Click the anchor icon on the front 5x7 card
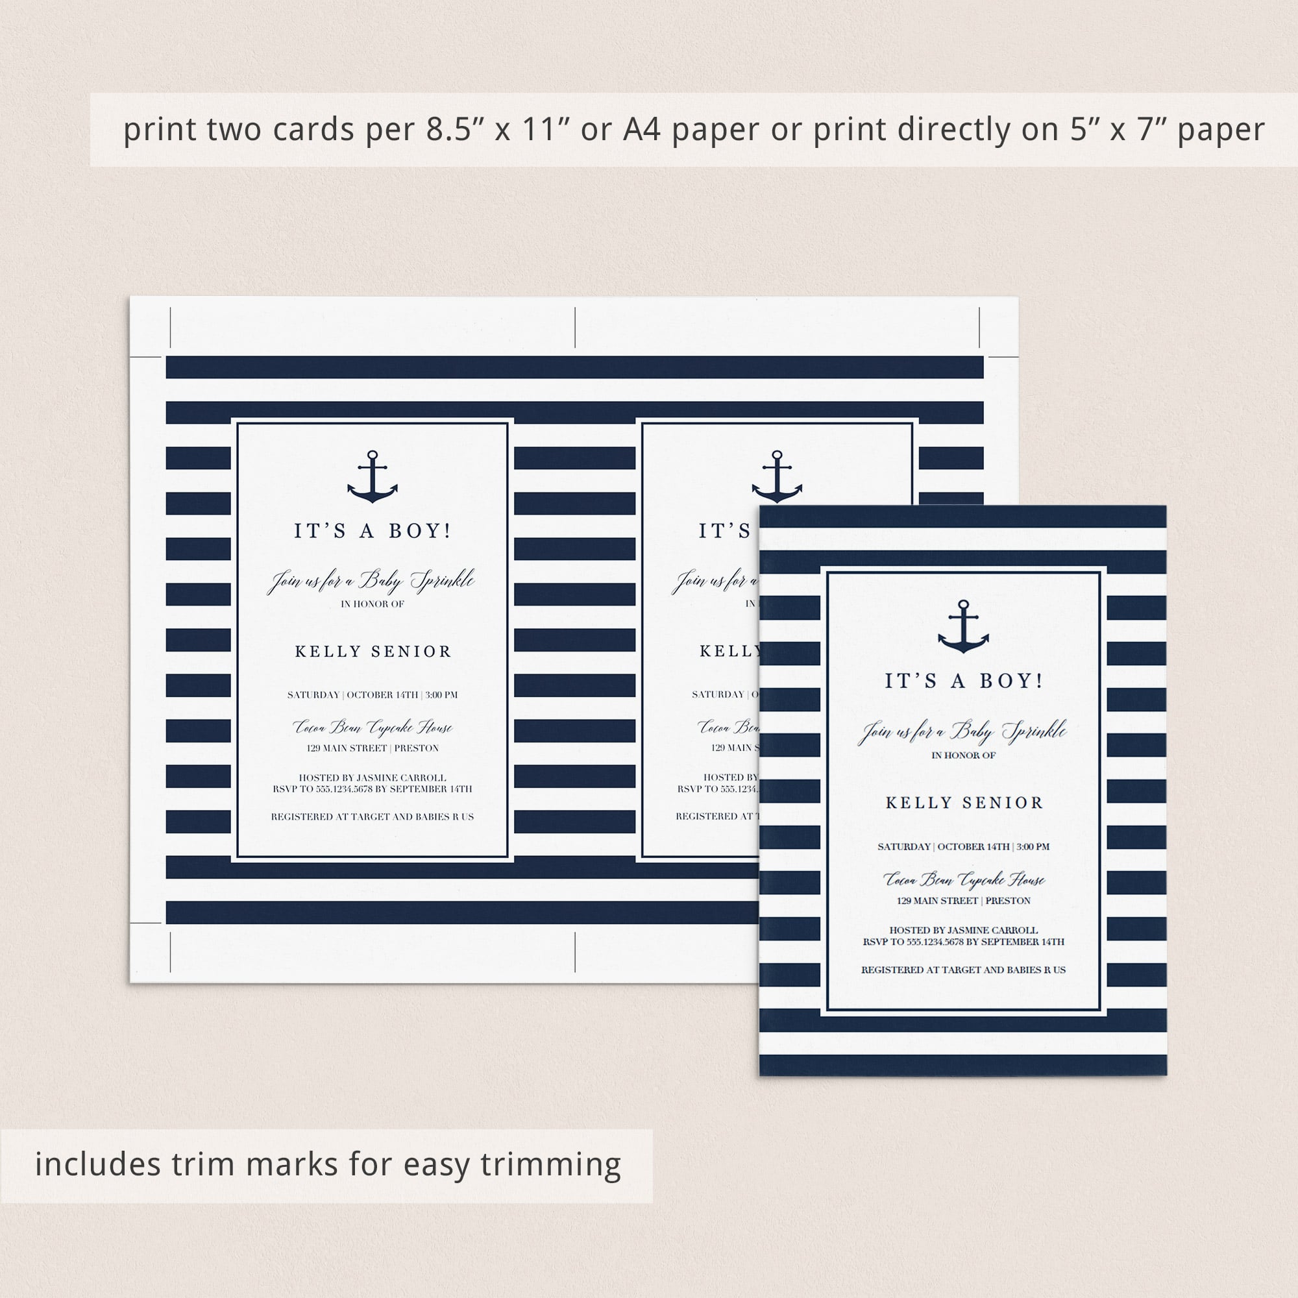point(962,627)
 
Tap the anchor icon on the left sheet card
point(372,477)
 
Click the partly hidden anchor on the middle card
point(777,477)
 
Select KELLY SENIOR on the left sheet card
point(373,651)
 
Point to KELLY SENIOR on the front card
point(963,803)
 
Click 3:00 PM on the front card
point(1033,846)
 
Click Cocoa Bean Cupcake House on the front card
point(963,879)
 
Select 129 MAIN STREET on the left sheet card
point(347,748)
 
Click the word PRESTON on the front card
point(1008,900)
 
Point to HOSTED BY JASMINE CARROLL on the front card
point(963,930)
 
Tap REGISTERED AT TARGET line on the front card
point(963,970)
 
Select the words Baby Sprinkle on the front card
point(1008,731)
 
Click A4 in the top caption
point(642,130)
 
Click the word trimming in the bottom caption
point(551,1164)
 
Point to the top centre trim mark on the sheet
point(575,327)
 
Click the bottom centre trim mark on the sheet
point(575,951)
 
